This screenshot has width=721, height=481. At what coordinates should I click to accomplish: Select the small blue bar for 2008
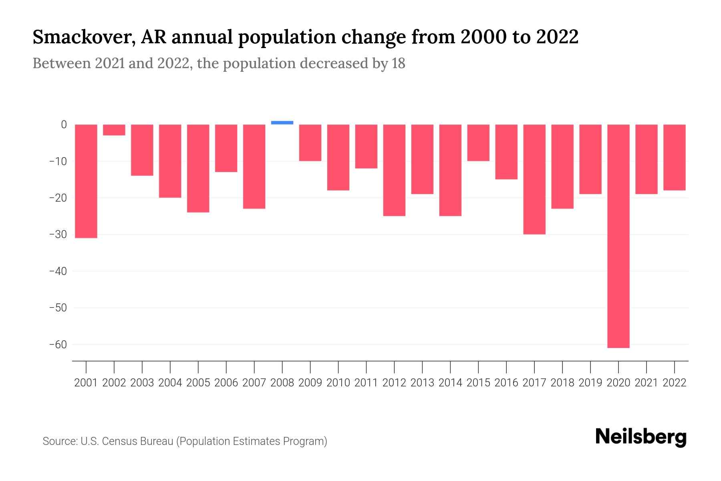282,123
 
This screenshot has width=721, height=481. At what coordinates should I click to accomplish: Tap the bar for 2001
86,181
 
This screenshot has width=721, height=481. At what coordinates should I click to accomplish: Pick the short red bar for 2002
114,130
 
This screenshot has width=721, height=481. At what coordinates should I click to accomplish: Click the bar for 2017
534,179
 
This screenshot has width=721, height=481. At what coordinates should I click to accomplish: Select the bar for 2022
675,157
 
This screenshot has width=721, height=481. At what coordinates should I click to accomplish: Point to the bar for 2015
478,143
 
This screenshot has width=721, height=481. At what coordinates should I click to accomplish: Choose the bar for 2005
198,168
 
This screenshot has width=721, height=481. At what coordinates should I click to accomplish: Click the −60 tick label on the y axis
58,345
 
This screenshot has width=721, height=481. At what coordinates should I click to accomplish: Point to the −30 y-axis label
58,234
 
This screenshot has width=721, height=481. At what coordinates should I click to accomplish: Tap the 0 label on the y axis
64,125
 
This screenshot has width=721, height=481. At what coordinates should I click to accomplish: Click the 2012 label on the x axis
394,383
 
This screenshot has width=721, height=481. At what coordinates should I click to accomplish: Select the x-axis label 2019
590,383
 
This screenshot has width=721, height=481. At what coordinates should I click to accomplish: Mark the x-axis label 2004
170,383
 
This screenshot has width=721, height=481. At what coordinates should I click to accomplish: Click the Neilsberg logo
641,437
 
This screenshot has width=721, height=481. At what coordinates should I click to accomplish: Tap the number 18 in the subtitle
399,63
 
